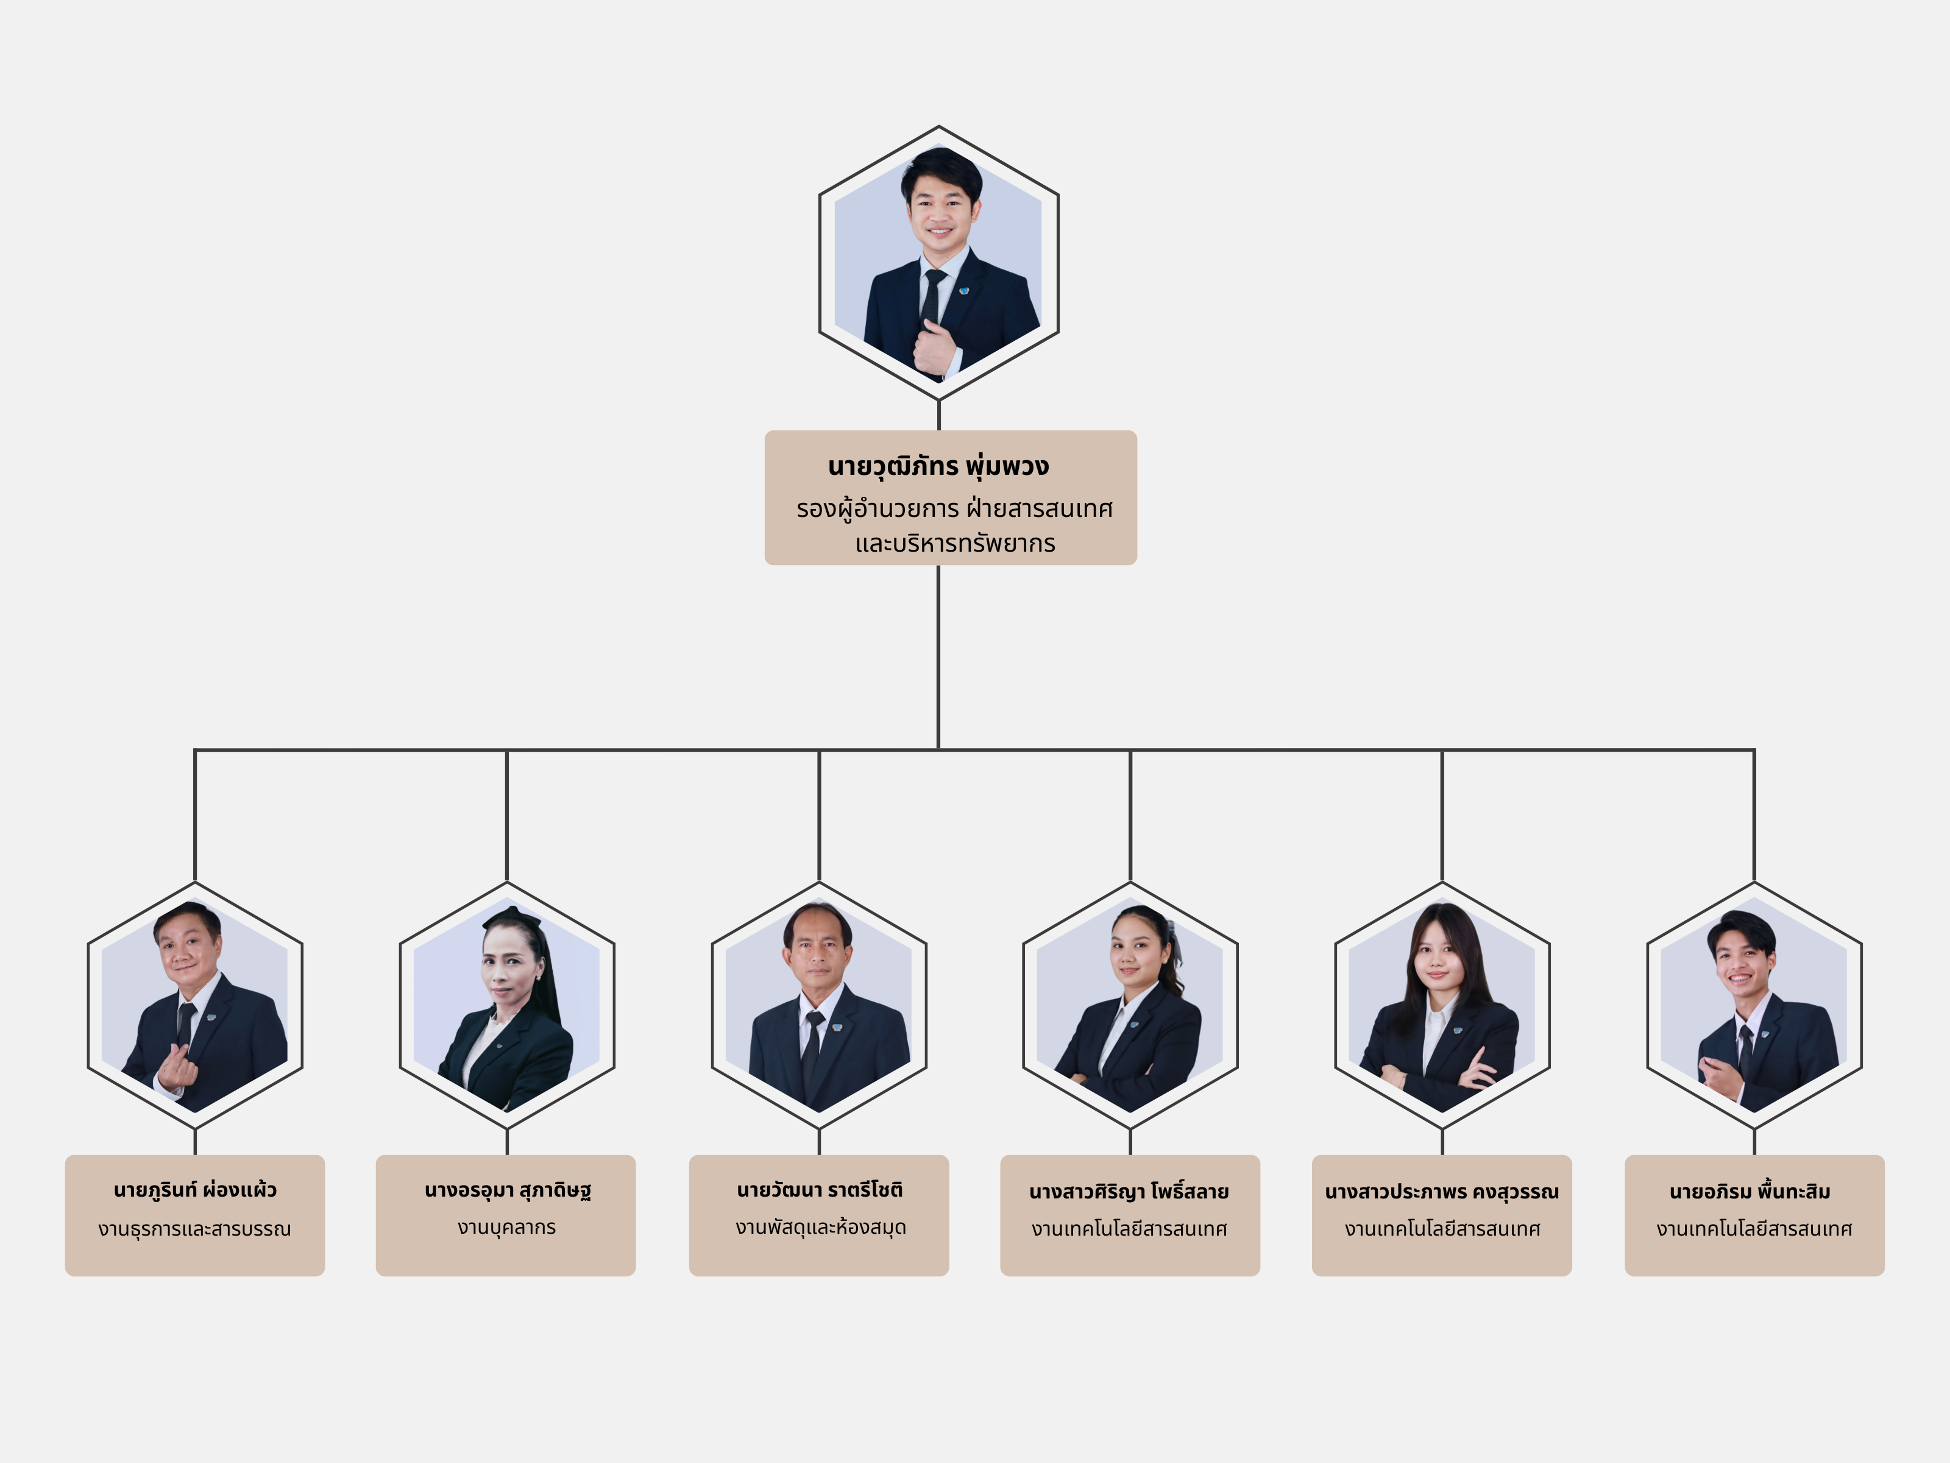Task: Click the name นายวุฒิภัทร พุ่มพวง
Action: tap(938, 466)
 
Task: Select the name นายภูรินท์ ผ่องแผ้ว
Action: tap(195, 1191)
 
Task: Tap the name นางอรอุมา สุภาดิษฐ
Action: tap(507, 1191)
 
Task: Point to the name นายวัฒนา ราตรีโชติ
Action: tap(819, 1191)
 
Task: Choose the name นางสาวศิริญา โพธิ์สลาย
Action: tap(1129, 1192)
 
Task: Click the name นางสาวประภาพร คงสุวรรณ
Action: tap(1441, 1192)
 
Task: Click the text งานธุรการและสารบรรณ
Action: tap(195, 1230)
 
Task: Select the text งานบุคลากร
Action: tap(507, 1228)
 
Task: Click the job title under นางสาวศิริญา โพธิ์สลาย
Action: tap(1129, 1230)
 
